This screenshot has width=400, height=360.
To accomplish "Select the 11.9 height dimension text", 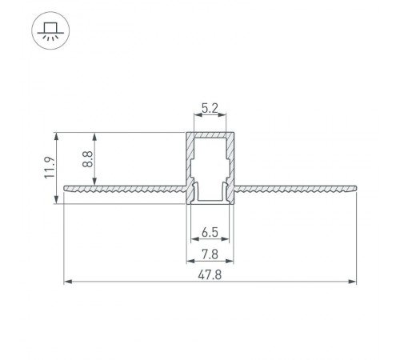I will point(49,168).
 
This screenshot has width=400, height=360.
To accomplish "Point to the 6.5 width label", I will point(211,233).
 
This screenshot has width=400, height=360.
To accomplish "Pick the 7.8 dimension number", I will point(211,254).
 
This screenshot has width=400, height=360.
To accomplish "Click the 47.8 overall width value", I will point(211,274).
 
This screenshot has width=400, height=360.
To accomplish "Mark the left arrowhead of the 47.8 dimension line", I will point(68,282).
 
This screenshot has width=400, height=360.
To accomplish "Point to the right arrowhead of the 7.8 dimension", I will point(232,261).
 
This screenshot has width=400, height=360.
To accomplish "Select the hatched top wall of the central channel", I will point(211,134).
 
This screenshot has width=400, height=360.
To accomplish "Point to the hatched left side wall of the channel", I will point(191,160).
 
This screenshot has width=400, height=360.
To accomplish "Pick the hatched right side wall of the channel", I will point(231,160).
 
